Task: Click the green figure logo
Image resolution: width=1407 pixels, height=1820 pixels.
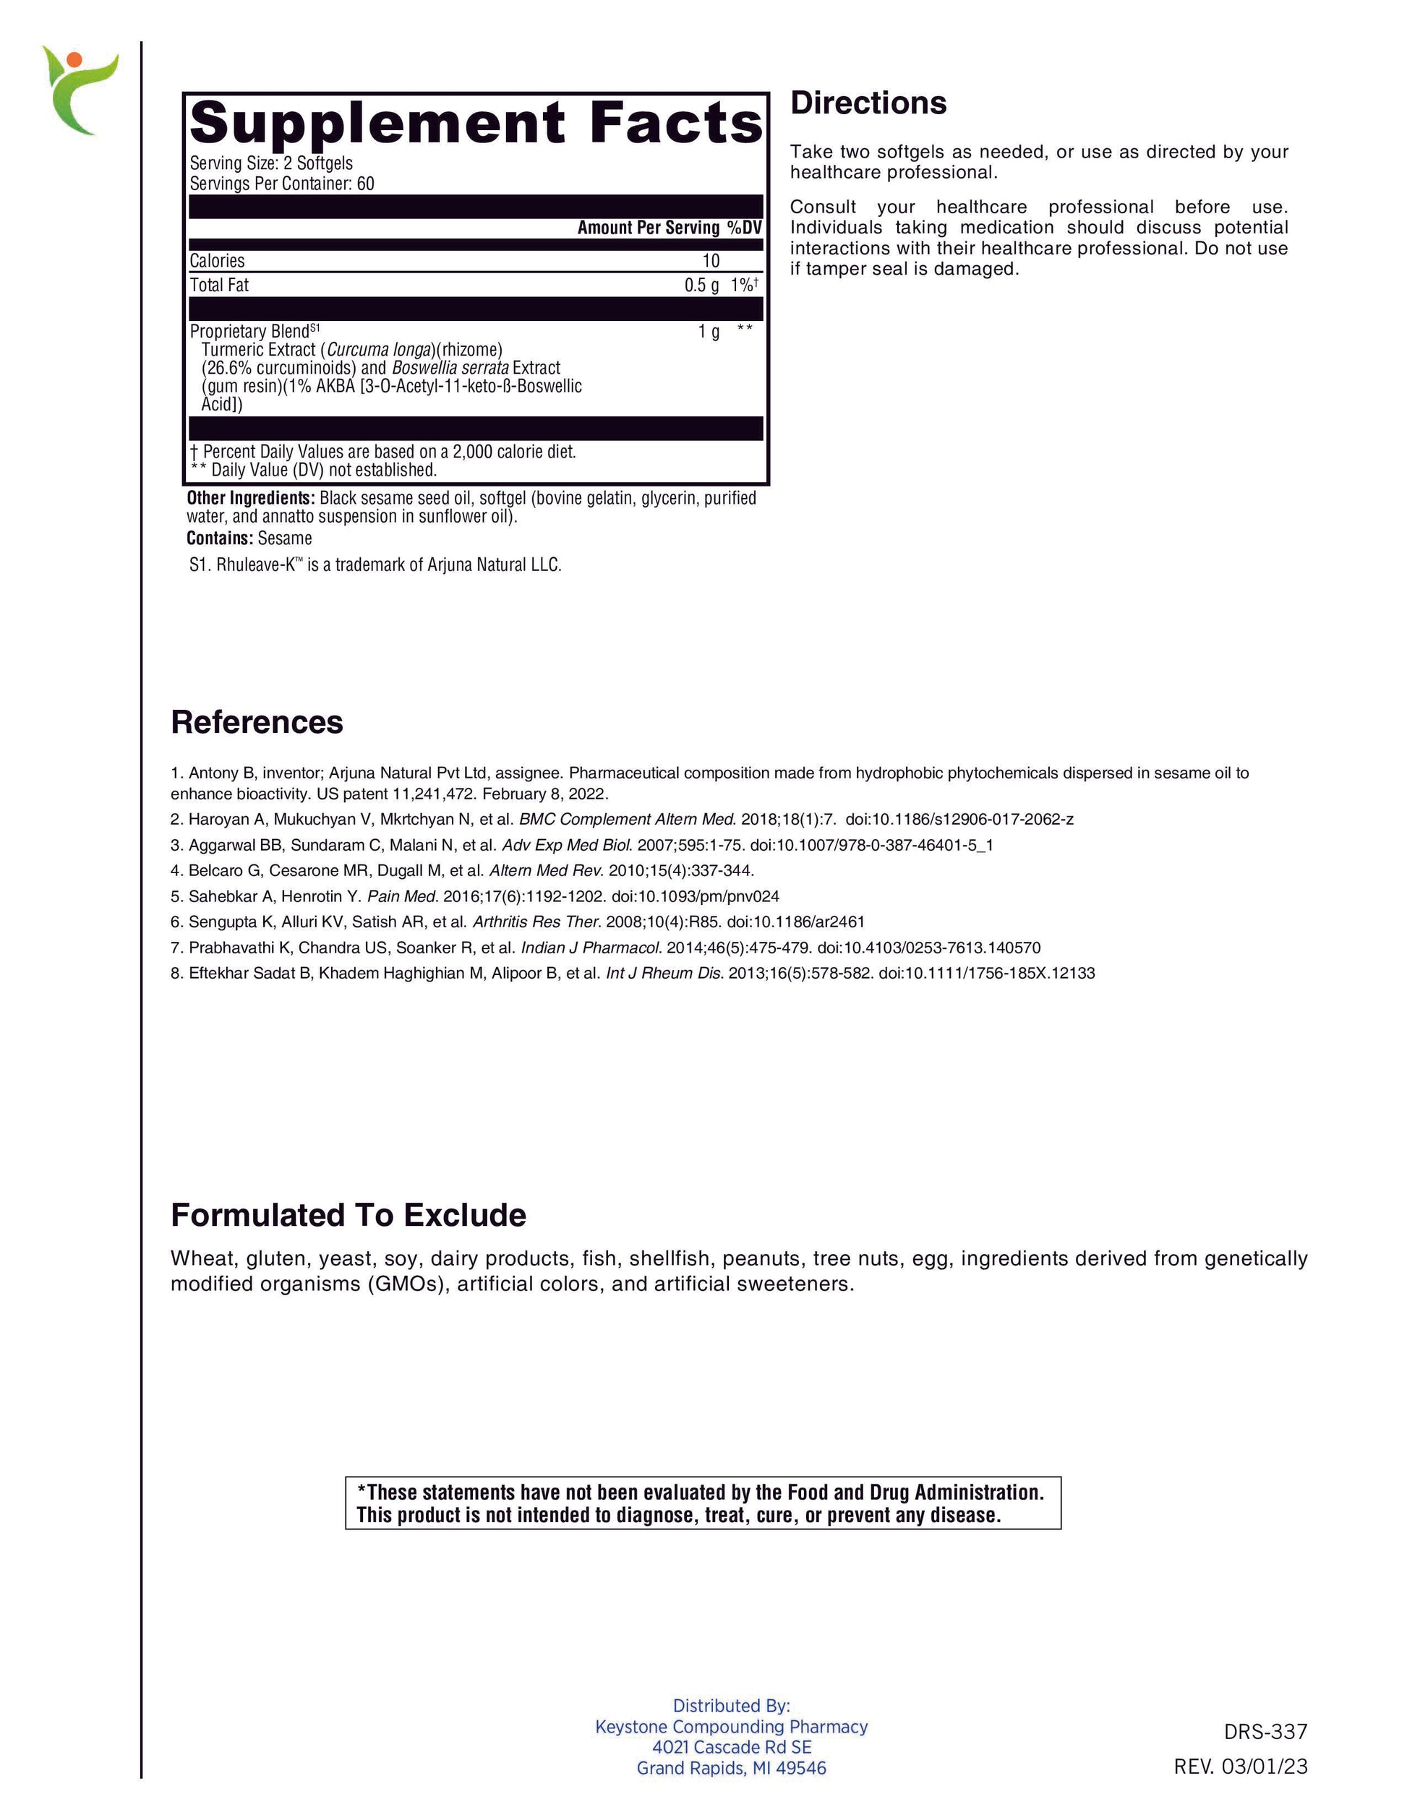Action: point(80,90)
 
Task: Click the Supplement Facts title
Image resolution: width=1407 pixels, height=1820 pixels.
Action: point(475,122)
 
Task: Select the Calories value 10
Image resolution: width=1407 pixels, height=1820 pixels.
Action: point(710,261)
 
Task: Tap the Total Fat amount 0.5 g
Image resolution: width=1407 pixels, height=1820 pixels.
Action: point(701,285)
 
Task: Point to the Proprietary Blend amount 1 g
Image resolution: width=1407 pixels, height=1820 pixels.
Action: point(709,332)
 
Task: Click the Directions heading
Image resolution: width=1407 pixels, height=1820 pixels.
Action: point(868,103)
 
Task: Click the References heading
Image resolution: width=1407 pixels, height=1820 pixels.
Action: point(257,721)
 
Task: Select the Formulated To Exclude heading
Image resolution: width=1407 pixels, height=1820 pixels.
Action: point(348,1215)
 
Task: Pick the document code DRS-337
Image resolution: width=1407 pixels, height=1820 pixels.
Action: point(1265,1732)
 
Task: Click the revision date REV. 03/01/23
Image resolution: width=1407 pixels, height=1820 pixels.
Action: point(1240,1766)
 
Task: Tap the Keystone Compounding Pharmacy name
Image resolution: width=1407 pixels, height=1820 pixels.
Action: point(731,1727)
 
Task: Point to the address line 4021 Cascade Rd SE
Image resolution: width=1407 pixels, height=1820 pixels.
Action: point(731,1747)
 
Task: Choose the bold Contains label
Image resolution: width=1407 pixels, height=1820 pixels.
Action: point(219,538)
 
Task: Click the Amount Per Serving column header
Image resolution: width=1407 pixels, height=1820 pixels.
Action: point(648,228)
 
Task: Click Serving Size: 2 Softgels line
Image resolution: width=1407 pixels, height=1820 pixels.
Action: point(271,163)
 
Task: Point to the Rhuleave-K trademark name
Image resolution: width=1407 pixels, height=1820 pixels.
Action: point(260,565)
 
